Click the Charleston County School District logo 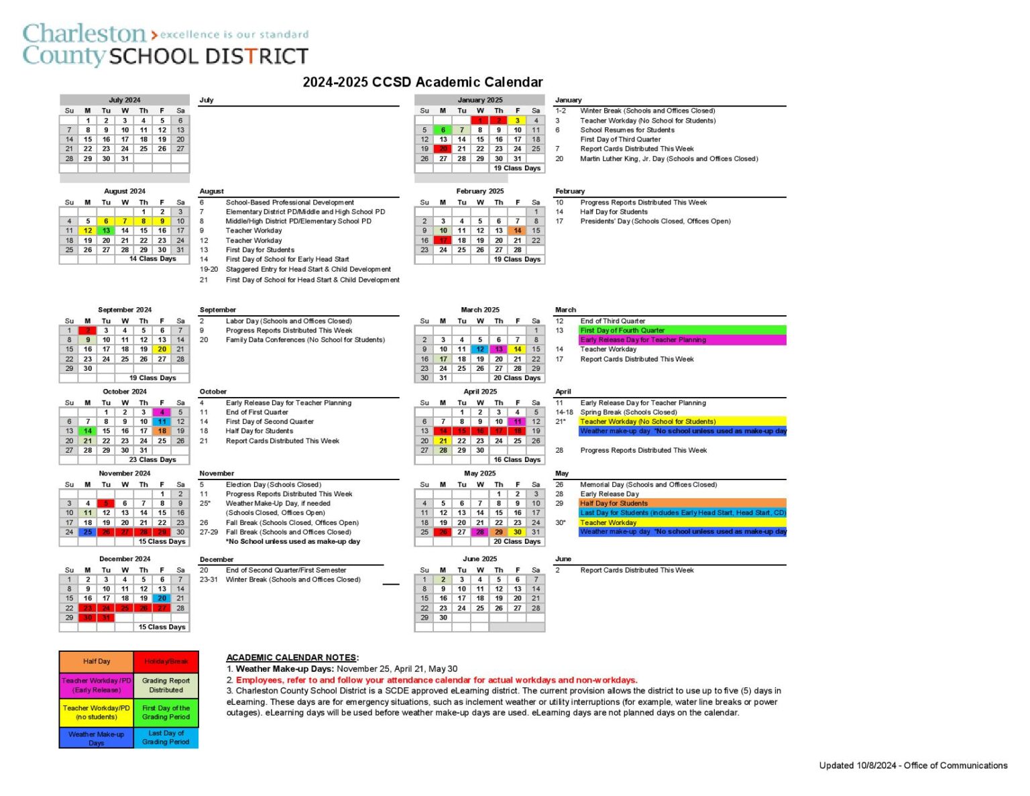coord(165,45)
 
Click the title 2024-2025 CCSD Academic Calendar coord(422,82)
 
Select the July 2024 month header coord(125,100)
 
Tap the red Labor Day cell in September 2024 coord(88,331)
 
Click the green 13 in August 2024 coord(106,231)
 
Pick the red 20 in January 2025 coord(443,149)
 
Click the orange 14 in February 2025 coord(518,231)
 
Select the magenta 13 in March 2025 coord(499,349)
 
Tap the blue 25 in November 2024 coord(88,532)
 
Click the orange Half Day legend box coord(97,661)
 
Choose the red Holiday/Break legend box coord(166,661)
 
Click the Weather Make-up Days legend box coord(97,738)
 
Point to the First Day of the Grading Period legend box coord(166,712)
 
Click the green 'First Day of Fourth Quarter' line coord(682,331)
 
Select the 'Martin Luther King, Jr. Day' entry coord(669,159)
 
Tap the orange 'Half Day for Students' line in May coord(682,503)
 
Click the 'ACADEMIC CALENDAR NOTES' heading coord(292,658)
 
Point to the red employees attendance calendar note coord(436,680)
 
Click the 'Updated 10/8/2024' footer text coord(913,765)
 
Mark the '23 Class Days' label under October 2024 coord(152,460)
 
